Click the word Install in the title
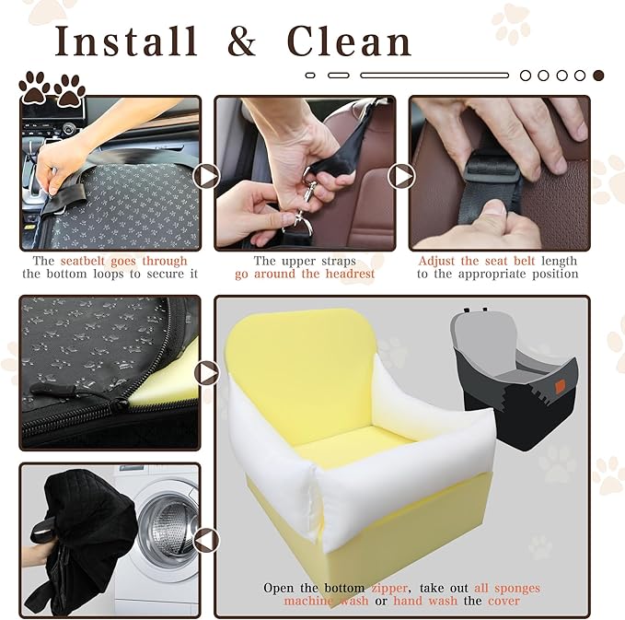coord(125,41)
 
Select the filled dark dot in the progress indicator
coord(598,75)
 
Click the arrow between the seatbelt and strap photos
coord(206,175)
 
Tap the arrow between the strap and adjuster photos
coord(401,175)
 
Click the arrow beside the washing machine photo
coord(207,540)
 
